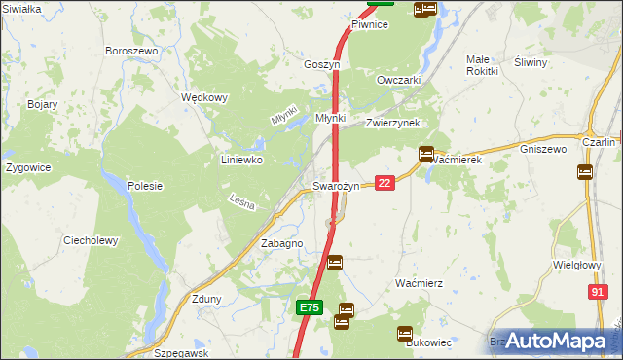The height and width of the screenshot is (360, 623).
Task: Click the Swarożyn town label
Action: coord(336,186)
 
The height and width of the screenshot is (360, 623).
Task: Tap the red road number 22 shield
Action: coord(385,183)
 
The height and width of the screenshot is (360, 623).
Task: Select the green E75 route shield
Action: coord(309,307)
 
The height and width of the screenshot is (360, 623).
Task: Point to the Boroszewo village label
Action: coord(131,51)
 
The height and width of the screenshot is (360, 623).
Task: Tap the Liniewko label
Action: coord(242,160)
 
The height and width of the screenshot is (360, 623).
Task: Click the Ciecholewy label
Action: coord(91,240)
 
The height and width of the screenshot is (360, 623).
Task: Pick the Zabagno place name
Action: coord(281,243)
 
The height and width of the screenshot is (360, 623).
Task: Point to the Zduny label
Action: coord(207,299)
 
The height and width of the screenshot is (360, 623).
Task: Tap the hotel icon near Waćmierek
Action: coord(426,153)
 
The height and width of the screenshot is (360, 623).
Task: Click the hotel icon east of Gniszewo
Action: coord(585,171)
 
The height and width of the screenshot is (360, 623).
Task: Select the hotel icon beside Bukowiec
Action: coord(404,333)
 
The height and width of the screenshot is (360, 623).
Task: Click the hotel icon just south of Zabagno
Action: coord(334,262)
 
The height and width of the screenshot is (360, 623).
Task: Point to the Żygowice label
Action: coord(28,167)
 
